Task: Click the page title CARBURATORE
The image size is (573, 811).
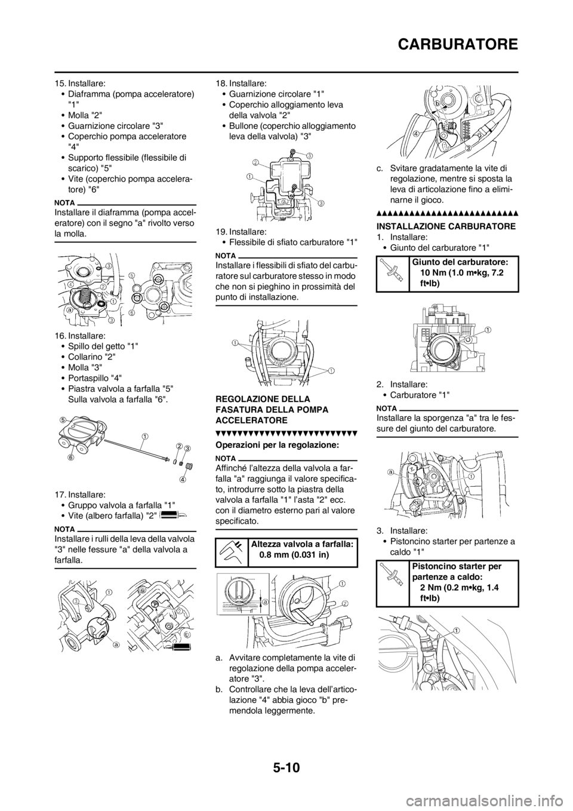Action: point(458,45)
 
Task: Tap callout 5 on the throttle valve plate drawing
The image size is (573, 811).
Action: point(63,420)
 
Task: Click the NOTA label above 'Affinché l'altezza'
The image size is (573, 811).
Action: point(226,459)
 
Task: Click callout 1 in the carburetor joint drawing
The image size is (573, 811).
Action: point(488,330)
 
